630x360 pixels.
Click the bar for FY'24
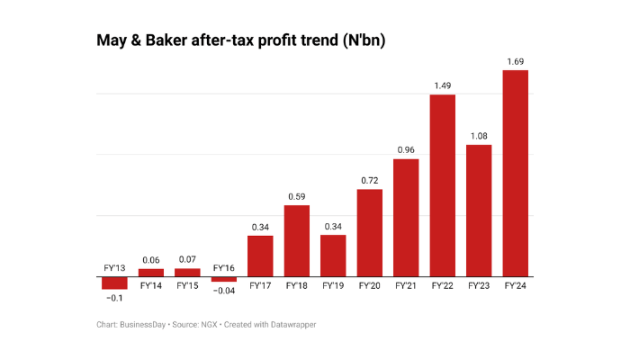515,173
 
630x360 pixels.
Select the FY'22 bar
442,184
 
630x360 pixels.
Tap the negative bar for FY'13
115,283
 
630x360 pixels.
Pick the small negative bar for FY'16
224,279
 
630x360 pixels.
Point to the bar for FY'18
297,240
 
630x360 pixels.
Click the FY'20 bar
370,232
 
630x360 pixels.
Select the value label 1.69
515,62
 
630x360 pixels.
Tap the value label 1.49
442,86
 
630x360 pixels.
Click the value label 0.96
406,150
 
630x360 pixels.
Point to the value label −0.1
115,297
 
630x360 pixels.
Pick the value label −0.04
224,290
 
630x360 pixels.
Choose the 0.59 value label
297,196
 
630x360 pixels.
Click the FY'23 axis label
479,286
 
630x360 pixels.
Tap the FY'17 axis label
260,286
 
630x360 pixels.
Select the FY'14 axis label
151,286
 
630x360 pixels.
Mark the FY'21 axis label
406,286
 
